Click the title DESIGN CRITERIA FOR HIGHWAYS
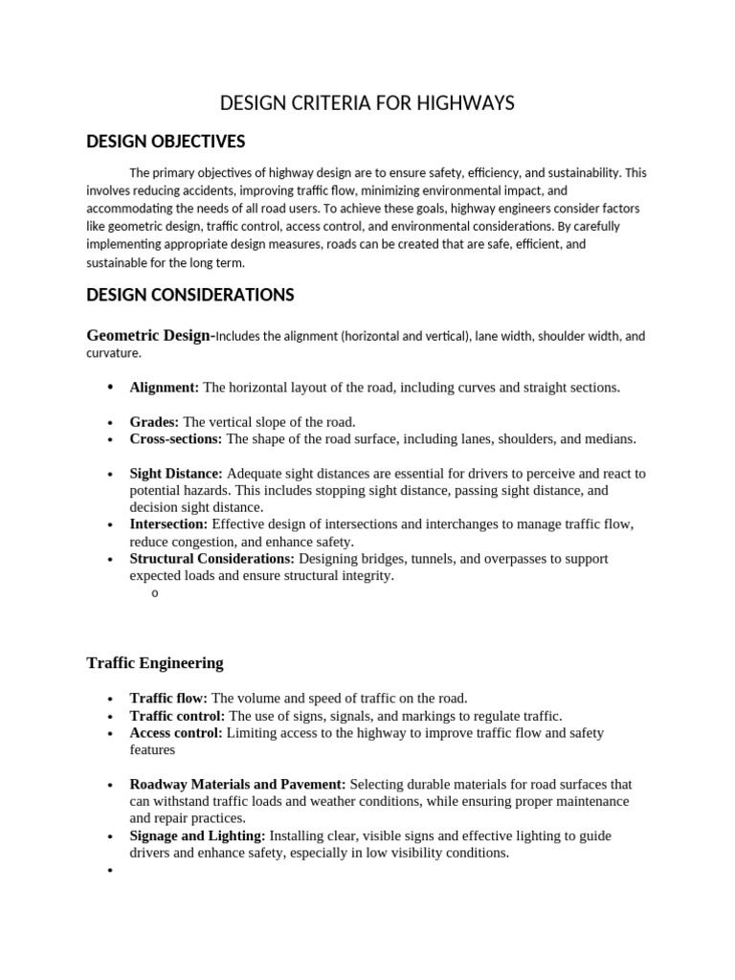(367, 103)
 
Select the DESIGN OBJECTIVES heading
(166, 142)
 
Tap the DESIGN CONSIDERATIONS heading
(189, 295)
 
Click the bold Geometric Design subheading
(148, 336)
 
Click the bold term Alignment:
(164, 388)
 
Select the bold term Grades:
(154, 422)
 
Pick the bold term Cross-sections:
(175, 439)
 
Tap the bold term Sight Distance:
(176, 474)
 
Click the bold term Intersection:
(168, 524)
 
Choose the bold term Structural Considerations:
(212, 559)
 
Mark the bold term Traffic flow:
(168, 699)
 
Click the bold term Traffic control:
(177, 716)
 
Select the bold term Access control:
(176, 733)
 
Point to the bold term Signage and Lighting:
(197, 836)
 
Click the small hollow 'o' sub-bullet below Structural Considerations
(154, 594)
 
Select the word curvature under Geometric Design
(113, 353)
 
